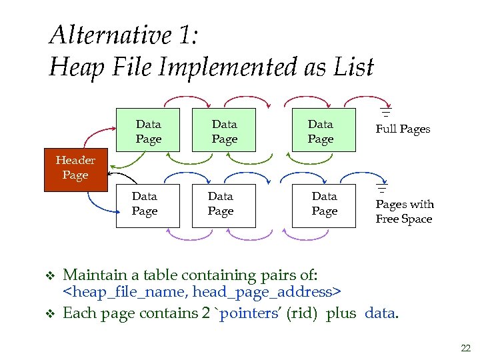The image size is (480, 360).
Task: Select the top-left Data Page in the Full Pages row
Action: pyautogui.click(x=148, y=131)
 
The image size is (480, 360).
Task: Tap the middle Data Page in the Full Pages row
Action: pyautogui.click(x=224, y=131)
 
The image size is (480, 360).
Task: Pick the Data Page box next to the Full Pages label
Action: pyautogui.click(x=320, y=131)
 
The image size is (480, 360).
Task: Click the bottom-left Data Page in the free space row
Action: pyautogui.click(x=145, y=205)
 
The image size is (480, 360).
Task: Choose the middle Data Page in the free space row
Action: pyautogui.click(x=221, y=205)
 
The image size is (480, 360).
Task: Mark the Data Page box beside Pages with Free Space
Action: pyautogui.click(x=324, y=205)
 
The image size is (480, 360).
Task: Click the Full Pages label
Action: pyautogui.click(x=403, y=129)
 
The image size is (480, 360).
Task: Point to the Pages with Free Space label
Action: pyautogui.click(x=404, y=211)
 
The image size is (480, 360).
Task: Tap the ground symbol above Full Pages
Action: pyautogui.click(x=385, y=113)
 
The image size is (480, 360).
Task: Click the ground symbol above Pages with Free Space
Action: pyautogui.click(x=383, y=189)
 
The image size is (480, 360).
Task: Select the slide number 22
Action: pyautogui.click(x=465, y=348)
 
